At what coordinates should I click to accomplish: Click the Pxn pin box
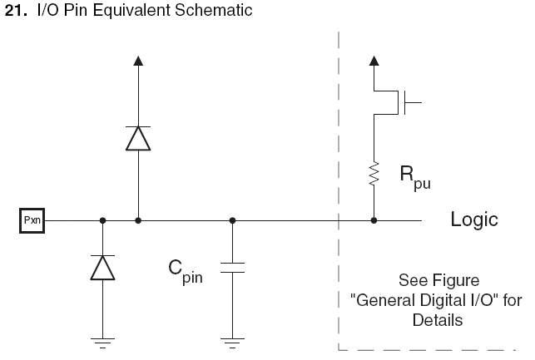click(x=32, y=220)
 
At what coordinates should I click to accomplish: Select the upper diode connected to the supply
click(x=138, y=137)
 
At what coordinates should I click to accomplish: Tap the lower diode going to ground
click(x=102, y=267)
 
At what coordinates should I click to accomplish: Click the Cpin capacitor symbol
click(x=232, y=268)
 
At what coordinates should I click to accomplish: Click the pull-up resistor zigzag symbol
click(x=374, y=175)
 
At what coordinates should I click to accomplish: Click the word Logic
click(x=474, y=220)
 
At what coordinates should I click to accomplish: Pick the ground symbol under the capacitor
click(x=232, y=340)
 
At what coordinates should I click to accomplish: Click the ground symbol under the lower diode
click(x=102, y=340)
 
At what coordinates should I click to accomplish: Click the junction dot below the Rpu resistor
click(x=374, y=220)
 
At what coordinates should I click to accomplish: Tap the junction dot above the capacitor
click(x=232, y=220)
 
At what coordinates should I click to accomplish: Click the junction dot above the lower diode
click(x=102, y=220)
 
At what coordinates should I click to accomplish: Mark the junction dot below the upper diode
click(x=138, y=220)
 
